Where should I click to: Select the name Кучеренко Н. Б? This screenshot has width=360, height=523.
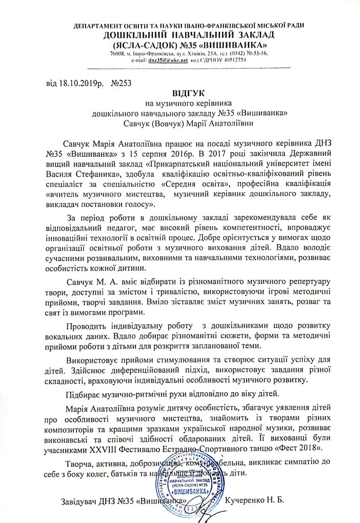tap(257, 498)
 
